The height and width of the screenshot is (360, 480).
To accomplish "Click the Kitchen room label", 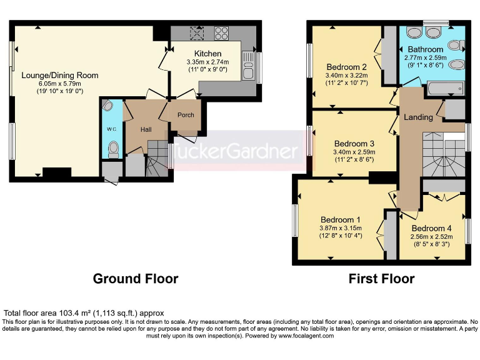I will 207,54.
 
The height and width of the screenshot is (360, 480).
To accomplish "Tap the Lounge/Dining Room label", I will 60,76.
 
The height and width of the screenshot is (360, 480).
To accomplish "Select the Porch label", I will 186,115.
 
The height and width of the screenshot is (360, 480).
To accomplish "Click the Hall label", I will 146,129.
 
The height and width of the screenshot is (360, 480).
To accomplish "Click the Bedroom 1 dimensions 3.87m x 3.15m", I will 341,228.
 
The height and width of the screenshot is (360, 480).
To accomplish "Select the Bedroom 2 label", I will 346,67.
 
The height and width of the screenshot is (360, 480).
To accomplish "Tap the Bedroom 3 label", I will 354,143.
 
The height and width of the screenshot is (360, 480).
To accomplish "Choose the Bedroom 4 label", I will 431,228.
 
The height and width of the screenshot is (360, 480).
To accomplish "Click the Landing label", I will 418,117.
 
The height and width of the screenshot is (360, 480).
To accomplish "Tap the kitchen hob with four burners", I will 221,32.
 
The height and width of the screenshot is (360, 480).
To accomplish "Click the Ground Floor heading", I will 136,279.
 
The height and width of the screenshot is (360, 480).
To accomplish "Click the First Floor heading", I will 381,279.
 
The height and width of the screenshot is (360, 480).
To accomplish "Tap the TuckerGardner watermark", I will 236,151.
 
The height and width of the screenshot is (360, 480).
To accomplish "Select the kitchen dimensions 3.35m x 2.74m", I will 207,62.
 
